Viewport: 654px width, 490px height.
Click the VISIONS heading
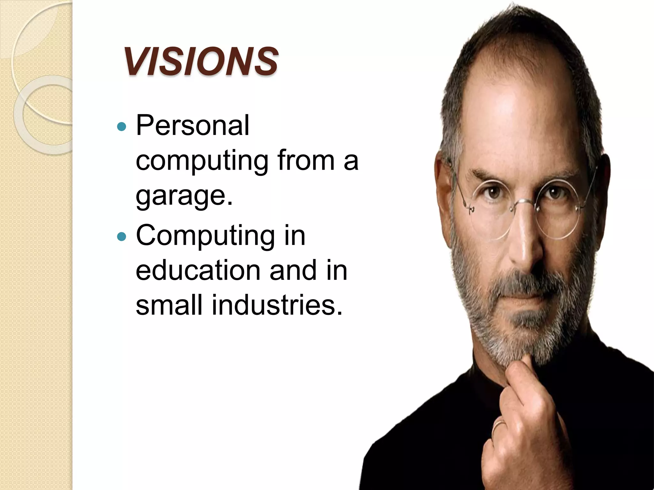click(201, 62)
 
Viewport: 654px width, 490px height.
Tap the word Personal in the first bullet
click(192, 126)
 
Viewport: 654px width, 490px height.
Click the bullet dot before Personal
click(122, 127)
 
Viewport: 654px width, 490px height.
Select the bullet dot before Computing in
click(122, 237)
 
